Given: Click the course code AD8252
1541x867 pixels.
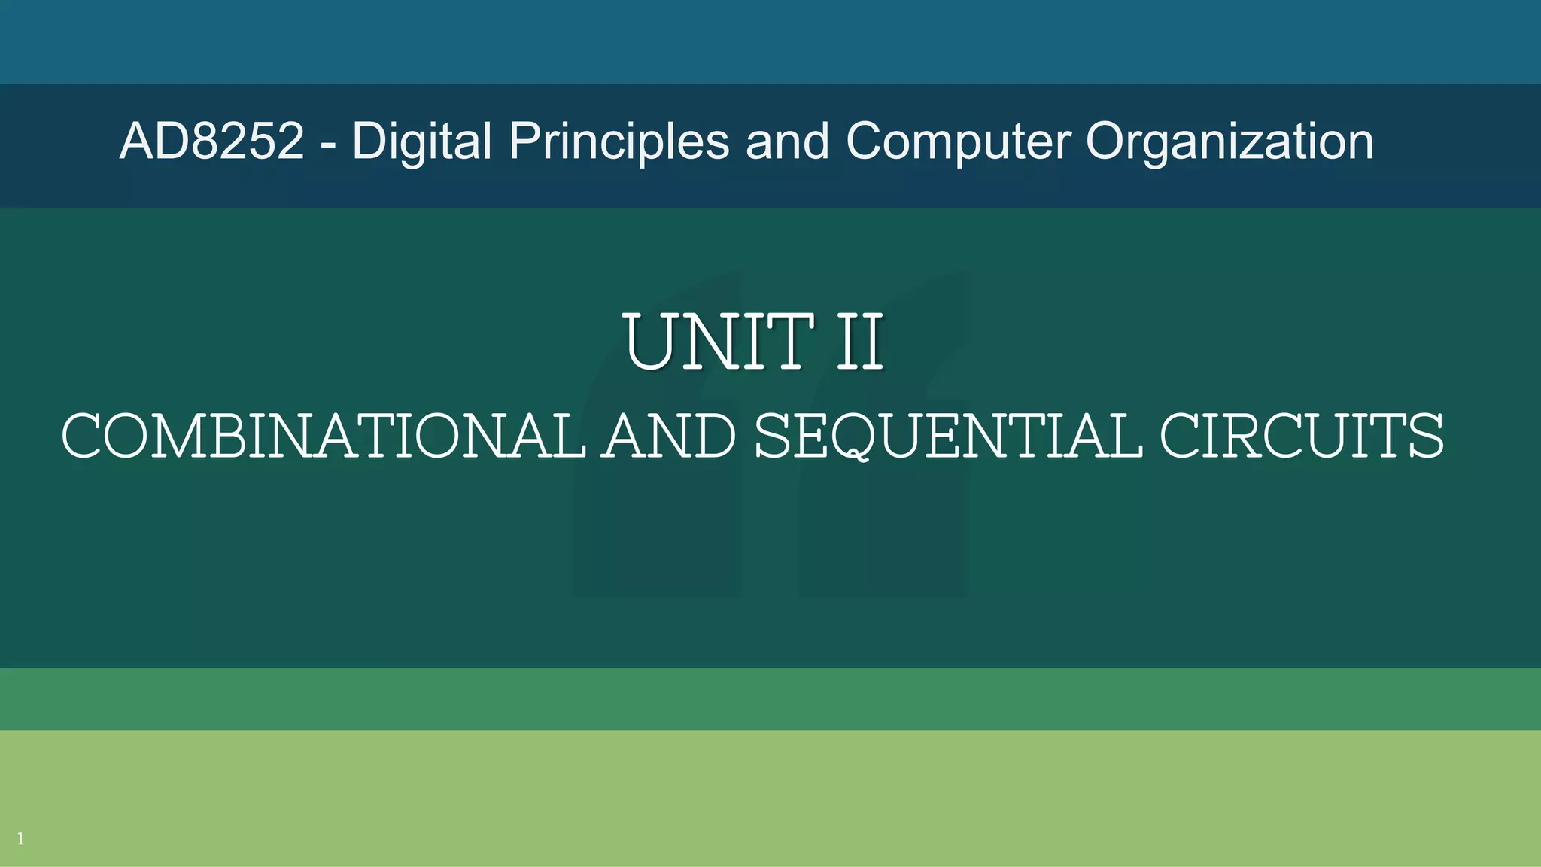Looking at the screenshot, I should coord(211,141).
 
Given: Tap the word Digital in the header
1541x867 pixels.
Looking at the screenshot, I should coord(422,141).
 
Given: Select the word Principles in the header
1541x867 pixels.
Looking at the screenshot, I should coord(619,141).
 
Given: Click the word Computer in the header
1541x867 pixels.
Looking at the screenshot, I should coord(958,141).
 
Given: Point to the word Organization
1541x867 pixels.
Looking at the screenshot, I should coord(1229,141).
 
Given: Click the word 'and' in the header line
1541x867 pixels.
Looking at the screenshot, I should coord(787,141).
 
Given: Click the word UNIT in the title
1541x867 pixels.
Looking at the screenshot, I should coord(718,342).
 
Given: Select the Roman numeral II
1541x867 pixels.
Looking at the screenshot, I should coord(859,342).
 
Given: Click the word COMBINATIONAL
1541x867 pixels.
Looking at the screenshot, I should coord(323,437).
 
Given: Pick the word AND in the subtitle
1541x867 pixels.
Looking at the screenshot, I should coord(670,437).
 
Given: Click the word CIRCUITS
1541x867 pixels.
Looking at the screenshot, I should coord(1302,437).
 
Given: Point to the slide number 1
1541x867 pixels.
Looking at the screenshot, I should coord(20,839).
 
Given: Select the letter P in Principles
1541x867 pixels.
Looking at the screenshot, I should coord(525,141).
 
